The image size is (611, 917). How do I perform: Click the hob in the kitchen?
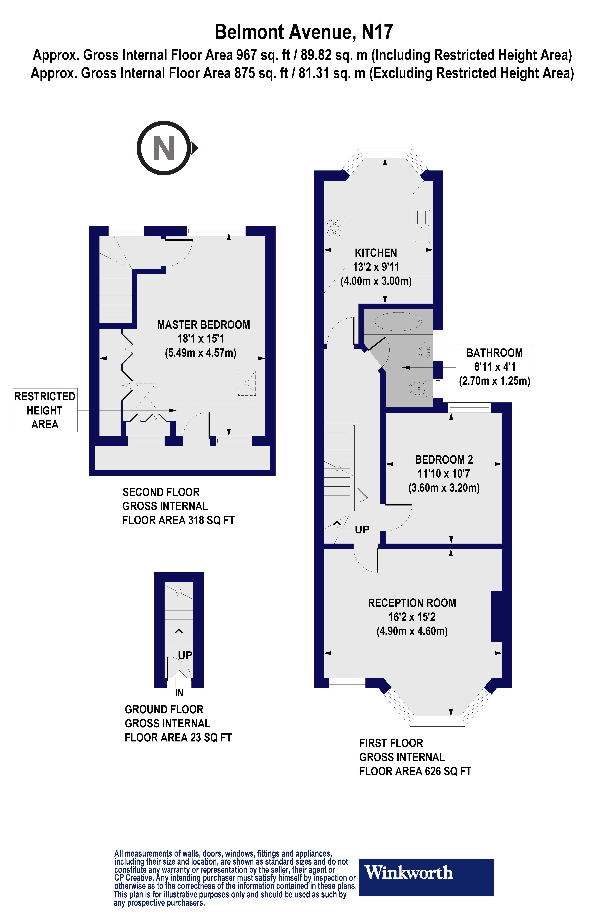(334, 228)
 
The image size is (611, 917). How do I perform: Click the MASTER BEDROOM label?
(203, 325)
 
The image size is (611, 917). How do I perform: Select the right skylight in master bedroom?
(247, 383)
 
